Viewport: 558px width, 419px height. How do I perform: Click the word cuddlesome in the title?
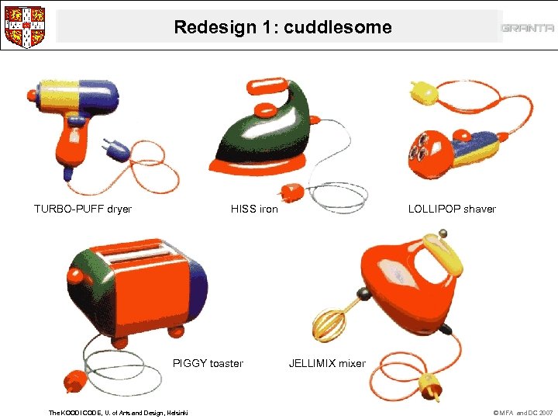pos(338,28)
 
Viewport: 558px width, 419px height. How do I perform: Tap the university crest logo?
pos(24,26)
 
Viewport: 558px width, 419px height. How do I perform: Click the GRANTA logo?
pos(527,28)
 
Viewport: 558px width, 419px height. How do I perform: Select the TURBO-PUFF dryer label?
pos(83,209)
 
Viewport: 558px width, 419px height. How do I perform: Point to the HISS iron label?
pos(254,209)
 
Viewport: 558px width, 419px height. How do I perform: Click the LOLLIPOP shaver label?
pos(453,209)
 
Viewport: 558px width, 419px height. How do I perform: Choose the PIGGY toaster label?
pos(208,363)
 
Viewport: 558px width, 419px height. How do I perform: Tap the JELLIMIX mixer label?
pos(327,363)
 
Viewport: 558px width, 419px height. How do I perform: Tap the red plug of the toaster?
pos(75,381)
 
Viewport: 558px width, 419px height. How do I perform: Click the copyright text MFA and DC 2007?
pos(523,412)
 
